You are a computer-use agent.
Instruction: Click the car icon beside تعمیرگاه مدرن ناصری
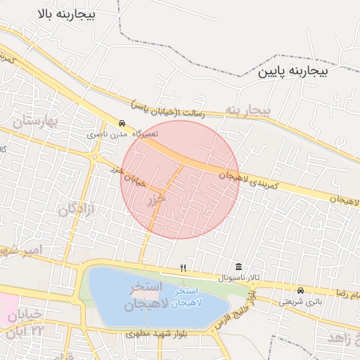point(122,122)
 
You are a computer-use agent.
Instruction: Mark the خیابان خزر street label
point(127,176)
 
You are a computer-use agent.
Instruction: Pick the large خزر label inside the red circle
point(156,200)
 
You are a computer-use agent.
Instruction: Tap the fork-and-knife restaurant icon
point(183,268)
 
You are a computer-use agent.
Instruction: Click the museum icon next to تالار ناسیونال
point(239,267)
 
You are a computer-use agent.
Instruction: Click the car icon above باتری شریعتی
point(301,290)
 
